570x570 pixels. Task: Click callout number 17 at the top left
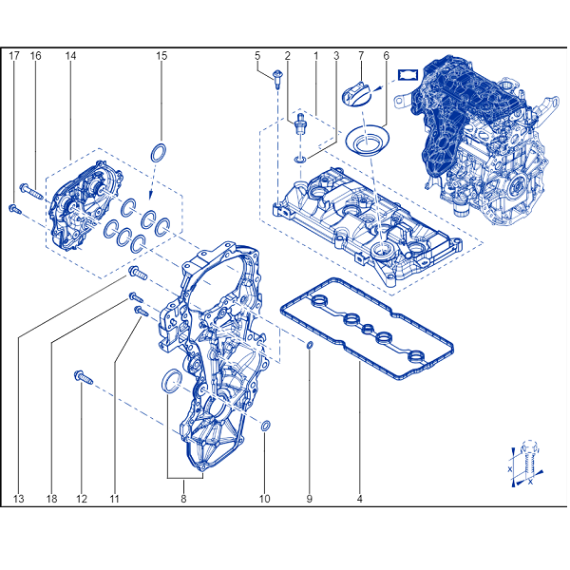(14, 56)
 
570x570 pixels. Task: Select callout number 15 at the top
(161, 56)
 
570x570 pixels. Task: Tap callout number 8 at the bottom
(183, 499)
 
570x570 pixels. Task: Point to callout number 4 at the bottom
(360, 499)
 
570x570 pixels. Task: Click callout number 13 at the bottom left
(19, 499)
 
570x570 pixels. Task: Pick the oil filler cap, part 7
(355, 92)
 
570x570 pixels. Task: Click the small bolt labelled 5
(278, 79)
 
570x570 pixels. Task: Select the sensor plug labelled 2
(300, 124)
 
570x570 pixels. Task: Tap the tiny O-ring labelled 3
(299, 160)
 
